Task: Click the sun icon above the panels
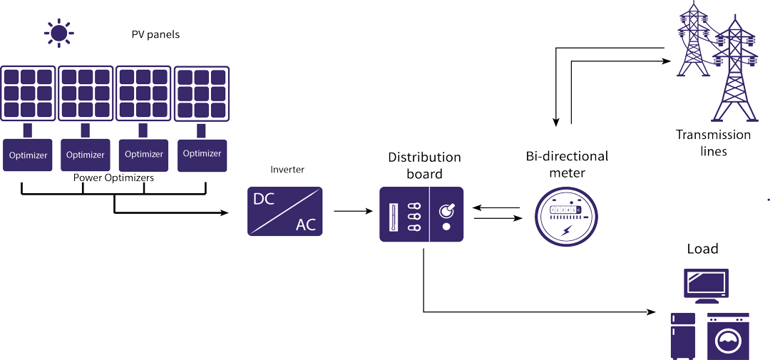coord(58,32)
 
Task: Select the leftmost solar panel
coord(28,93)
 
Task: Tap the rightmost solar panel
coord(202,93)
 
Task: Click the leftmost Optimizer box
coord(28,155)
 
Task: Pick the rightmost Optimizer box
coord(202,153)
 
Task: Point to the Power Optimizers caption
coord(113,178)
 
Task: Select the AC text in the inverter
coord(306,225)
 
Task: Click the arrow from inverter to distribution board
coord(353,211)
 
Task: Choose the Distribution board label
coord(424,165)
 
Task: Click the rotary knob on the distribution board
coord(447,210)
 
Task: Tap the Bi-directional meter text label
coord(567,164)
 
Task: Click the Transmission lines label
coord(713,143)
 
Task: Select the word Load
coord(702,249)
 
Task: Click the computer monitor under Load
coord(706,283)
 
